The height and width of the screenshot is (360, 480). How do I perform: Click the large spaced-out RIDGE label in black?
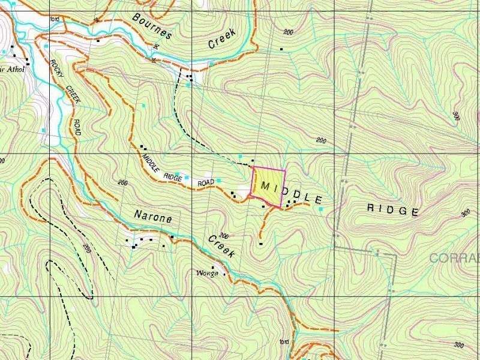pyautogui.click(x=392, y=210)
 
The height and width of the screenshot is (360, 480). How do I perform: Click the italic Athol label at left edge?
pyautogui.click(x=14, y=69)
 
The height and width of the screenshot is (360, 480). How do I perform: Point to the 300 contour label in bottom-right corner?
pyautogui.click(x=459, y=345)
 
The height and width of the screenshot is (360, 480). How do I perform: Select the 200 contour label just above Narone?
pyautogui.click(x=124, y=182)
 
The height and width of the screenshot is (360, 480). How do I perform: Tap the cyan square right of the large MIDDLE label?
pyautogui.click(x=320, y=209)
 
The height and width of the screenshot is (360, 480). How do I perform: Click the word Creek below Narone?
pyautogui.click(x=221, y=247)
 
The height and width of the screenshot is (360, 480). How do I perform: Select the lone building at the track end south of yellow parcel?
pyautogui.click(x=260, y=244)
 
